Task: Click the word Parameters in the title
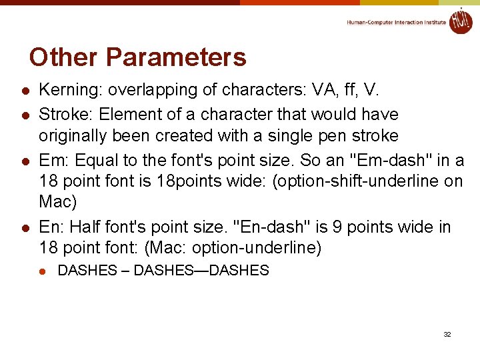(175, 57)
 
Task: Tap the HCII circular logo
(460, 21)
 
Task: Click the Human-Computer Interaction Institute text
(396, 22)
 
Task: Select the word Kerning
(66, 90)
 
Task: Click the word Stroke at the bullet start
(61, 114)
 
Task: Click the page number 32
(447, 334)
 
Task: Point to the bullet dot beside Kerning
(25, 91)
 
